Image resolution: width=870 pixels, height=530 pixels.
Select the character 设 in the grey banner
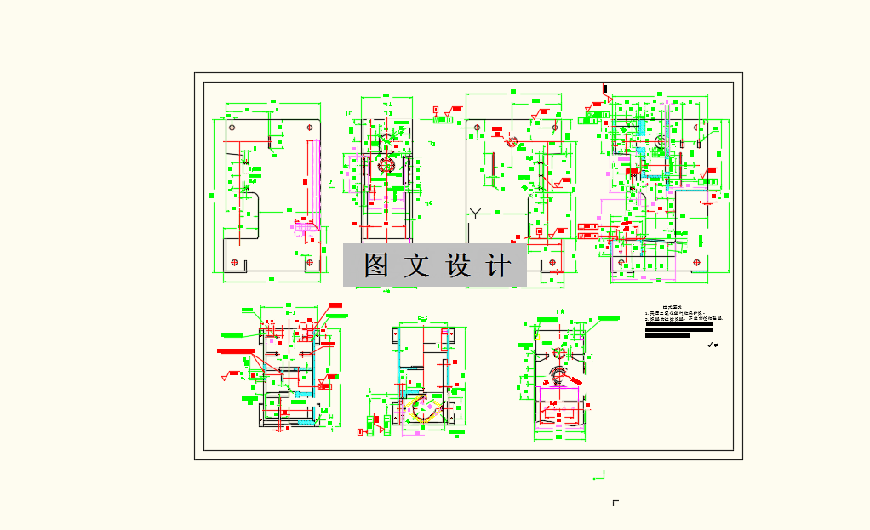click(458, 265)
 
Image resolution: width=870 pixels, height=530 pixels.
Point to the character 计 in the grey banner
click(497, 265)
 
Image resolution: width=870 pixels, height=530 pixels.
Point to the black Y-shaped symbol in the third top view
click(477, 212)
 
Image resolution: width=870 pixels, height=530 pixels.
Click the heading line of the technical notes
click(673, 307)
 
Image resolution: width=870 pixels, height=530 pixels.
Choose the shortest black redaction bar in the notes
click(667, 335)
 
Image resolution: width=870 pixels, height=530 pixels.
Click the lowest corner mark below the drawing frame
click(615, 503)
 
